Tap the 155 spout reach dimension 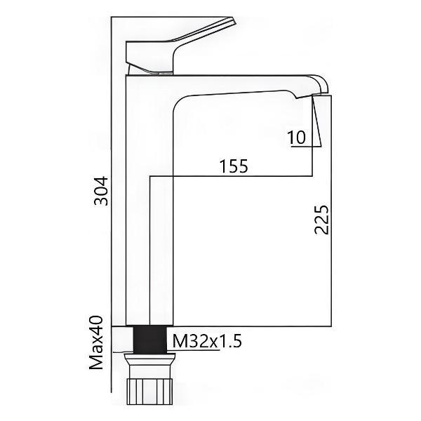click(233, 166)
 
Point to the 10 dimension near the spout click(297, 138)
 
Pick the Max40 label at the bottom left click(98, 345)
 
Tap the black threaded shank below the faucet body click(149, 339)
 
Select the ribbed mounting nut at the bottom click(149, 394)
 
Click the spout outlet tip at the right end click(321, 85)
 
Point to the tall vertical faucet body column click(138, 210)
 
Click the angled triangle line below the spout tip click(315, 123)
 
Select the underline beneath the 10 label click(298, 147)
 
